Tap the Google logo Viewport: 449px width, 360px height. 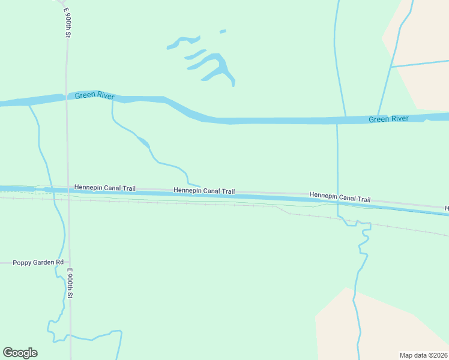pos(20,353)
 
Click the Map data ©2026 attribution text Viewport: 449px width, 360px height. pos(423,355)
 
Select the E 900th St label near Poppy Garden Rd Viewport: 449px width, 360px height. pos(70,283)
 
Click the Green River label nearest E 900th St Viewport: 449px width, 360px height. pos(94,96)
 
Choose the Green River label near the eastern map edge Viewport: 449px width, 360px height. pos(388,119)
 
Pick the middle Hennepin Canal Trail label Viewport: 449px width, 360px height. pos(204,191)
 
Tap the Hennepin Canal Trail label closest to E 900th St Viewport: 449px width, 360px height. pos(104,188)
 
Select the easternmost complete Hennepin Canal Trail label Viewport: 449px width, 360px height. pos(340,197)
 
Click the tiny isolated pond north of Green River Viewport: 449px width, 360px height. pos(223,31)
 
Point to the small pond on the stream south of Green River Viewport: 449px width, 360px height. pos(143,142)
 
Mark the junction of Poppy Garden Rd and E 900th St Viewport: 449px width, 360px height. pos(69,262)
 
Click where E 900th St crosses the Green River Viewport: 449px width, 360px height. pos(66,98)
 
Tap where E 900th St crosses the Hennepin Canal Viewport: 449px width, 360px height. pos(68,191)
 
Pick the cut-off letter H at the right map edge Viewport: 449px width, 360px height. pos(447,208)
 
